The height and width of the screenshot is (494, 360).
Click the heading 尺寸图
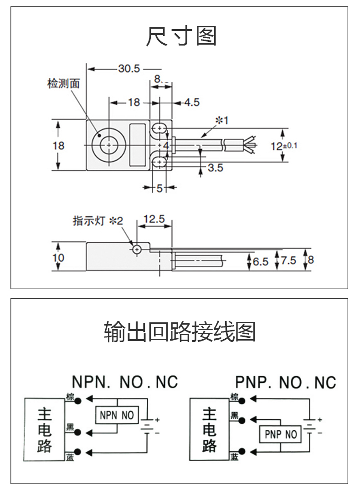click(x=181, y=36)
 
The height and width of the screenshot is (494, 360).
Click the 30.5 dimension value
click(x=129, y=69)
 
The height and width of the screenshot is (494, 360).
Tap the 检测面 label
click(x=63, y=83)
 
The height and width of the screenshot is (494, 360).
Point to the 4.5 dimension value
click(x=191, y=102)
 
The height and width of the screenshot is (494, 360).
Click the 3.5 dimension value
click(x=215, y=168)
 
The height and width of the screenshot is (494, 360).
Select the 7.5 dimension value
click(x=288, y=260)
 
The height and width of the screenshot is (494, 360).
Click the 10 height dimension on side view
click(x=58, y=258)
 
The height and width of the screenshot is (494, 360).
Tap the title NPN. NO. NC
click(x=124, y=382)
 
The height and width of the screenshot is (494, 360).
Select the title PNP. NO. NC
click(x=285, y=382)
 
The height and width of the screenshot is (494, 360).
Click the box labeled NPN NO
click(x=117, y=415)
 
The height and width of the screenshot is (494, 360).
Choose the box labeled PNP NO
click(x=281, y=434)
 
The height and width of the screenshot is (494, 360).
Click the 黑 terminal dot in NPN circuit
click(x=79, y=431)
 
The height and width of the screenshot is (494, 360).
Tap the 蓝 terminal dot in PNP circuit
click(x=242, y=451)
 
